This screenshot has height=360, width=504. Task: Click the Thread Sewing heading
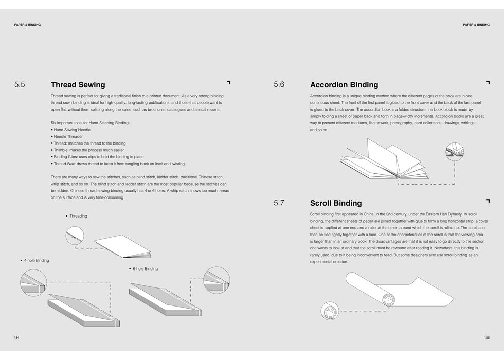coord(78,85)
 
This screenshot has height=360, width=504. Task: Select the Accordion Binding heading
coord(344,85)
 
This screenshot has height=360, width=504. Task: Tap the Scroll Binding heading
coord(335,203)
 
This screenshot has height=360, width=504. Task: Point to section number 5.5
coord(20,85)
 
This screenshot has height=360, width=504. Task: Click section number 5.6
coord(279,85)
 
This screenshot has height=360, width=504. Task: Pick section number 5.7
coord(279,203)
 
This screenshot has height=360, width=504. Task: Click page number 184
coord(17,338)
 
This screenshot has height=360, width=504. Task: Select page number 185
coord(487,338)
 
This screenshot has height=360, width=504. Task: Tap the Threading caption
coord(78,216)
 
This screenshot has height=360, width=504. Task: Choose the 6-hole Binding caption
coord(145,269)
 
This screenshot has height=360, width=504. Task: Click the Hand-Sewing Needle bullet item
coord(72,130)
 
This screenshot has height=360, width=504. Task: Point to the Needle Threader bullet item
coord(68,137)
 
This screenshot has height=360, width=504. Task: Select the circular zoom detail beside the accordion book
coord(455,152)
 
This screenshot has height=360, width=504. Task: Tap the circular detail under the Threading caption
coord(75,236)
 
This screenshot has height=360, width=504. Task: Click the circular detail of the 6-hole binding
coord(217,280)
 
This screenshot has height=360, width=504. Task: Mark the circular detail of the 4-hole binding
coord(33,282)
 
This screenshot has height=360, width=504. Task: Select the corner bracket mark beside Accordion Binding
coord(488,82)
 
